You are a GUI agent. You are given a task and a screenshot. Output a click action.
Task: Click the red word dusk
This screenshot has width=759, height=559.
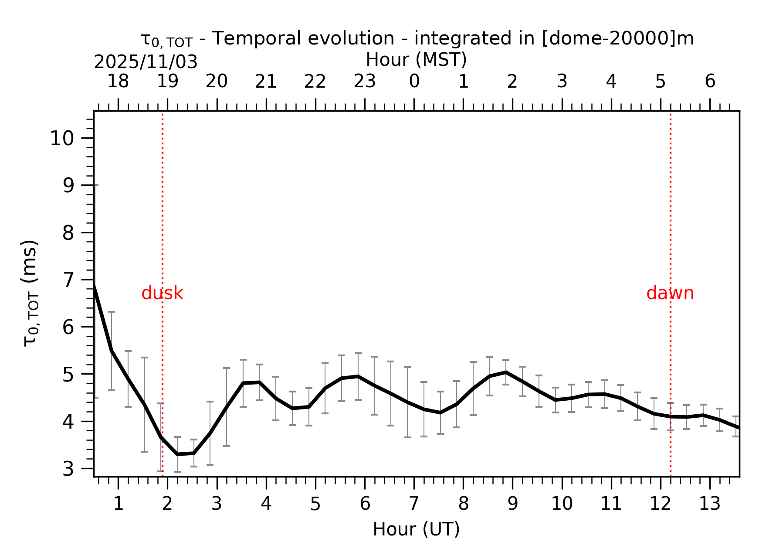tap(162, 293)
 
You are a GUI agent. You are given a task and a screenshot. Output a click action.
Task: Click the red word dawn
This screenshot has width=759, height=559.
tap(670, 293)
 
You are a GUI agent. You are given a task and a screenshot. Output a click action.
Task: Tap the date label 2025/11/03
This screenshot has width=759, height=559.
tap(146, 62)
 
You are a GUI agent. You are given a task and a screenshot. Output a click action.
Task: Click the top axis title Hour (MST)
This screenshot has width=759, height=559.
tap(416, 60)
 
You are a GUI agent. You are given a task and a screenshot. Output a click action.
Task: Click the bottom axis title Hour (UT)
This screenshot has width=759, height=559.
tap(416, 529)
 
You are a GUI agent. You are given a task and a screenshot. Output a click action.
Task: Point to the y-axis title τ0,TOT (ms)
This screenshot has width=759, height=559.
tap(30, 293)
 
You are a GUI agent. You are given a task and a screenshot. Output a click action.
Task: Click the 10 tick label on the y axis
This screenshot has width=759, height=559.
tap(62, 139)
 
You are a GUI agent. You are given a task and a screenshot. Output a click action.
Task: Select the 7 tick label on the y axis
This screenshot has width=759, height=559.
tap(68, 280)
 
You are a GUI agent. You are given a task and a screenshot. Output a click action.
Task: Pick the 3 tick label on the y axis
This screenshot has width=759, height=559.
tap(68, 469)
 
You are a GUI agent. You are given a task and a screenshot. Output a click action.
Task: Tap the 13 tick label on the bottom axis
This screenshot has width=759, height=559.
tap(709, 504)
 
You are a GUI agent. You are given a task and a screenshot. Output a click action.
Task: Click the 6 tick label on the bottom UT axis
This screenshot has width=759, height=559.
tap(365, 504)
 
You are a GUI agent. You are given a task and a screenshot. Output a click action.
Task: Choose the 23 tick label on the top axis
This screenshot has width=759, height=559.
tap(364, 82)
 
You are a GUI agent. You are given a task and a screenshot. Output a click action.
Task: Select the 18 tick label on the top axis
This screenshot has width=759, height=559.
tap(118, 82)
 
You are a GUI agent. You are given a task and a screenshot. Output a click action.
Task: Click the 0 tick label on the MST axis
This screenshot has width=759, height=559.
tap(414, 82)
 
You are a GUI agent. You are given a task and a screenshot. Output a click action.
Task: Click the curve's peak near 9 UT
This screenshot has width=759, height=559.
tap(505, 372)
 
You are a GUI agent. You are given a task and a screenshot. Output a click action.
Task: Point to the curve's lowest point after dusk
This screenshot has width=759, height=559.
tap(178, 454)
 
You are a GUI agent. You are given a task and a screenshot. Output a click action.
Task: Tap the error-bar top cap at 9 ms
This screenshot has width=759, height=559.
tap(95, 185)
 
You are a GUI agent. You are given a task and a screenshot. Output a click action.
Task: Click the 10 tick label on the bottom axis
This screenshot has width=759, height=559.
tap(562, 504)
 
